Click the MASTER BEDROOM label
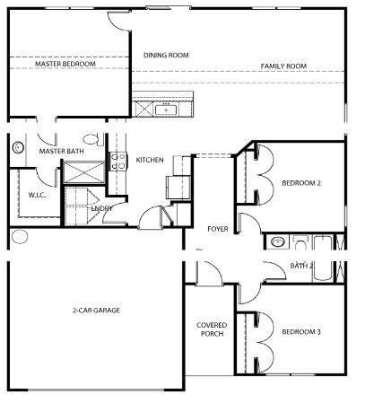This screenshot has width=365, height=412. (64, 65)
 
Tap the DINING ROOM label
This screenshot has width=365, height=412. (166, 55)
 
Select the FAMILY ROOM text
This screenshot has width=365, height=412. (283, 66)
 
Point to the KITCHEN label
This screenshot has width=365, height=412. (149, 160)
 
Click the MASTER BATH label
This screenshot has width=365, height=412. (60, 152)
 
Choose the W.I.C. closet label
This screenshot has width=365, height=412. (37, 193)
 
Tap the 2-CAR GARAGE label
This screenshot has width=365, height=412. (96, 310)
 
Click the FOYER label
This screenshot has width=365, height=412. (218, 229)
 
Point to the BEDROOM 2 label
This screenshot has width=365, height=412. (300, 183)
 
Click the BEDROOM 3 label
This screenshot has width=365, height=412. (300, 331)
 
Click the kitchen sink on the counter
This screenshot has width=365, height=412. (167, 110)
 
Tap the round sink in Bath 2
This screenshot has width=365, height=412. (278, 242)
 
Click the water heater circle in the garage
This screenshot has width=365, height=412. (19, 238)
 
